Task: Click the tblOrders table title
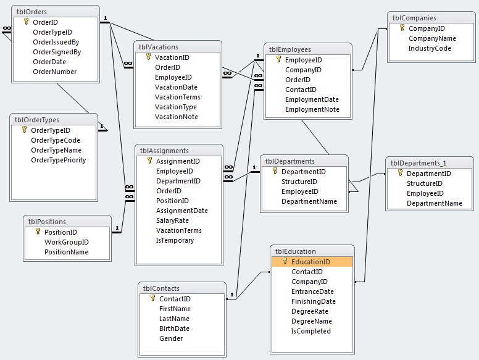pos(31,12)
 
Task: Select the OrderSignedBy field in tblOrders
pos(57,52)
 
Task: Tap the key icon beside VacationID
pos(149,57)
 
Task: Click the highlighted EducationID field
pos(310,262)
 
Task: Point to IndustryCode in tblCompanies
pos(430,48)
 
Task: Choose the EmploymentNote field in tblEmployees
pos(312,109)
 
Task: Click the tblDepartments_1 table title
pos(419,163)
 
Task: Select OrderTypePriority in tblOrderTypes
pos(59,160)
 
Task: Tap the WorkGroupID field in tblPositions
pos(67,242)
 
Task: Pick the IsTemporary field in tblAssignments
pos(175,240)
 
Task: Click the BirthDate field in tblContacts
pos(174,329)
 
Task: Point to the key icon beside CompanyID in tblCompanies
pos(402,28)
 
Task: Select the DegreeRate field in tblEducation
pos(310,311)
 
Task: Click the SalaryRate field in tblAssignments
pos(172,220)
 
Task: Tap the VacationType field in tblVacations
pos(176,107)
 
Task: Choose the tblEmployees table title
pos(289,49)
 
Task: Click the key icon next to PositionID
pos(38,232)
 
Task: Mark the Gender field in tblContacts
pos(171,338)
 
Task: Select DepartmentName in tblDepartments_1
pos(435,204)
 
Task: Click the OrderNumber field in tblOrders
pos(55,72)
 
